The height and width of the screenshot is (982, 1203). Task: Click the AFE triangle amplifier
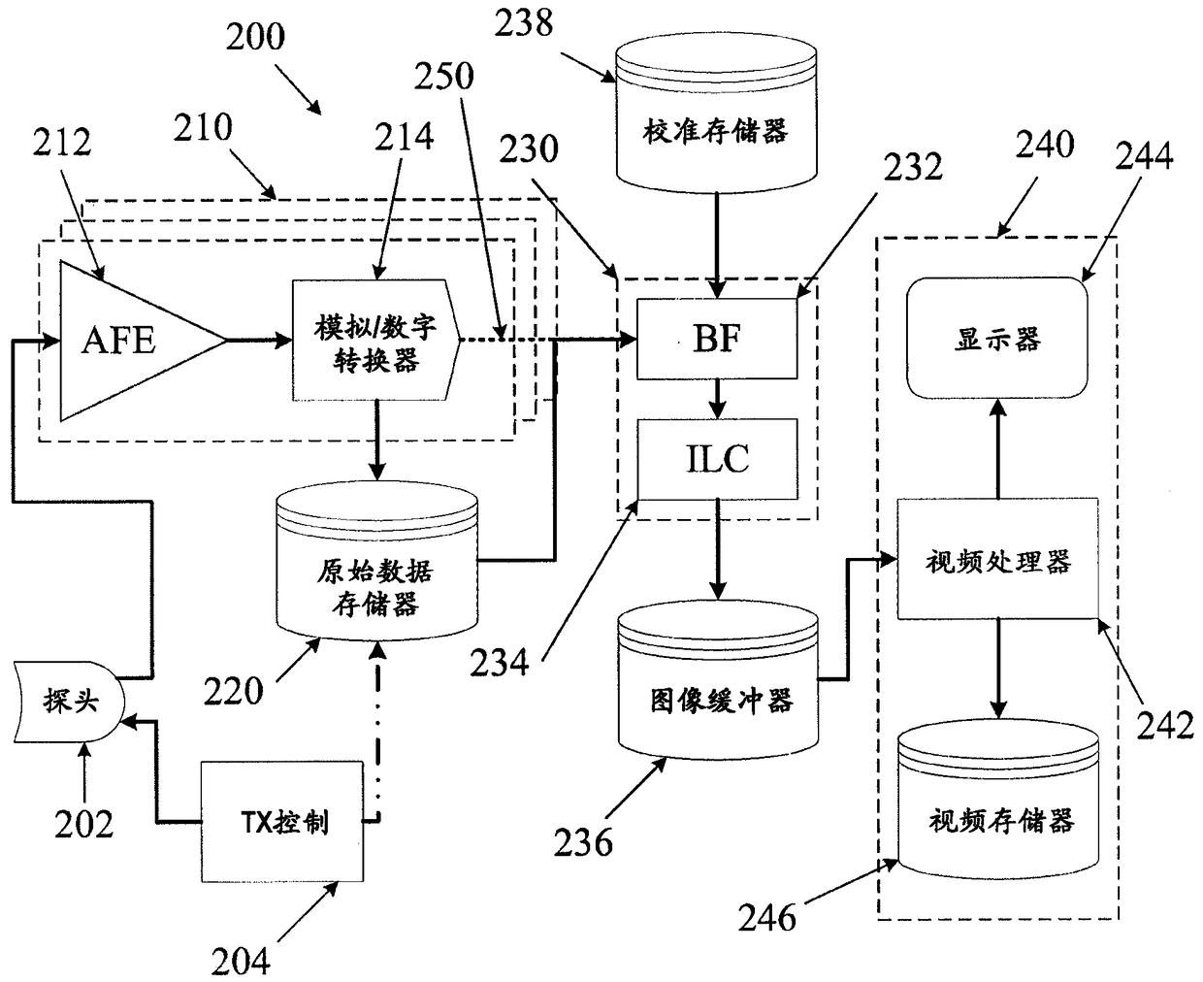tap(131, 342)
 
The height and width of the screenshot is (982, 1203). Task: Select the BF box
tap(716, 339)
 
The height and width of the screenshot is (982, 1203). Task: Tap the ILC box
tap(717, 459)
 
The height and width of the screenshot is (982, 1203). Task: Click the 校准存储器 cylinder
tap(716, 113)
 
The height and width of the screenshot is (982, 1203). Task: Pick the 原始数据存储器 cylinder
tap(376, 561)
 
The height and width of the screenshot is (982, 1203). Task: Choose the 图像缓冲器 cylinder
tap(718, 680)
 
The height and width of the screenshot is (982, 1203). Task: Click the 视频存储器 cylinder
tap(998, 800)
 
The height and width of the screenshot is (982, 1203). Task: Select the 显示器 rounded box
tap(997, 338)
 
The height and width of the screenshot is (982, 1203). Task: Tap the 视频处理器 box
tap(997, 559)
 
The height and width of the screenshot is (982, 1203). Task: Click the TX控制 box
tap(282, 822)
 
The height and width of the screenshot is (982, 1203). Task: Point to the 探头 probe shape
tap(69, 702)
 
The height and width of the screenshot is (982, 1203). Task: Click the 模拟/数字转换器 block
tap(376, 340)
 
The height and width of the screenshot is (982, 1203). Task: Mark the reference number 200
tap(255, 37)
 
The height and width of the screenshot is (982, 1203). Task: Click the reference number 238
tap(523, 23)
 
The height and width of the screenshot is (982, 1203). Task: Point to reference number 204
tap(241, 961)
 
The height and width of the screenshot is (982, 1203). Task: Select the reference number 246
tap(766, 918)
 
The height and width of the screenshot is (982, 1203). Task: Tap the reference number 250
tap(443, 76)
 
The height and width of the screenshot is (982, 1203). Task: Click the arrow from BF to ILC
tap(717, 400)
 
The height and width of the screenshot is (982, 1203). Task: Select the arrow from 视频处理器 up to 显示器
tap(997, 448)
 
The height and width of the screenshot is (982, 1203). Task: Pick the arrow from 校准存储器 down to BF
tap(716, 245)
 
